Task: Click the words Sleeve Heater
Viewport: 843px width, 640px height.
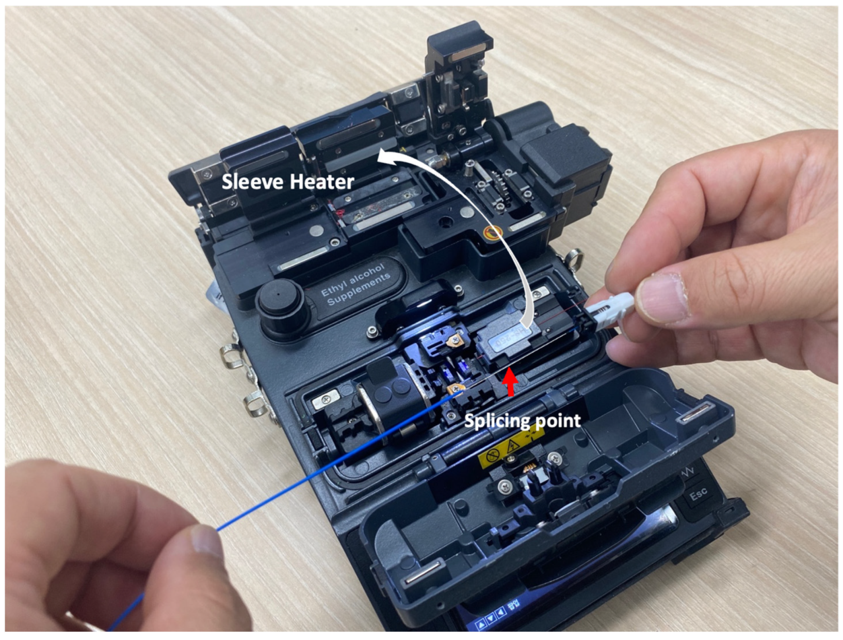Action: [287, 182]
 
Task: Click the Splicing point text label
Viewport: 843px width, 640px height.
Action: [522, 420]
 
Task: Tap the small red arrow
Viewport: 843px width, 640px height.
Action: [510, 383]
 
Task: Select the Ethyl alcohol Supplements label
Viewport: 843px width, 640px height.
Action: [355, 285]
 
